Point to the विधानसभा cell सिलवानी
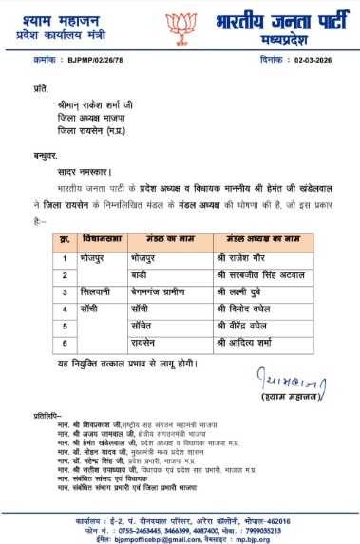click(x=98, y=291)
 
